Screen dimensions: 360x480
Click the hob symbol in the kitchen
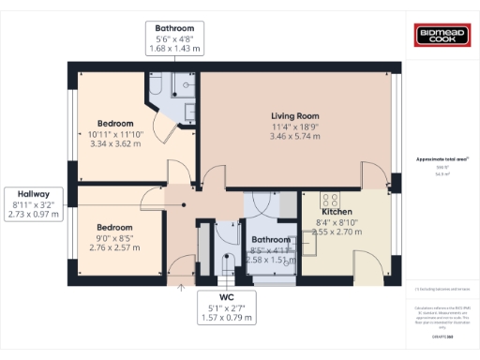(331, 200)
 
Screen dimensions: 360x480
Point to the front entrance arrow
(179, 286)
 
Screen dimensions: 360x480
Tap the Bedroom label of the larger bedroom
(115, 123)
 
